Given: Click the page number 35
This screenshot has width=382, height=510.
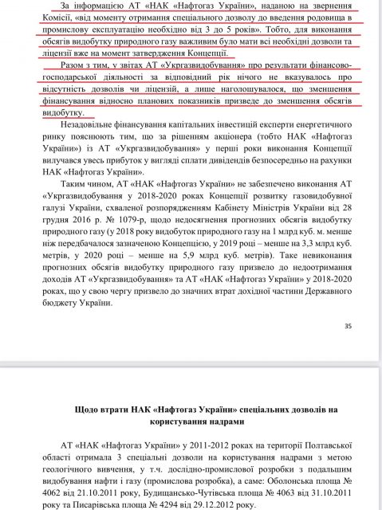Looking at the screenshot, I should pos(347,347).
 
